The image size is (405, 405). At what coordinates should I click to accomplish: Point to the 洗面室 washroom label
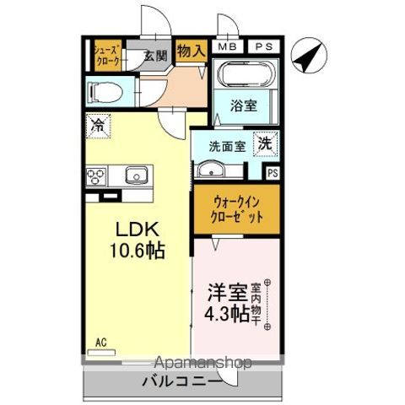(x=228, y=145)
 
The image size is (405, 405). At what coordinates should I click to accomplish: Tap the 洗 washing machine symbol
(x=266, y=144)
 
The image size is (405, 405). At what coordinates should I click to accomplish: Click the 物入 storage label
(x=192, y=50)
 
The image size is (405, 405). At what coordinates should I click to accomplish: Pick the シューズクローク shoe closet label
(x=107, y=56)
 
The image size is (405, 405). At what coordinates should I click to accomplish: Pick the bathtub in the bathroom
(x=245, y=77)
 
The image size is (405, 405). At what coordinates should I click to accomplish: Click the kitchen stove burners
(x=94, y=176)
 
